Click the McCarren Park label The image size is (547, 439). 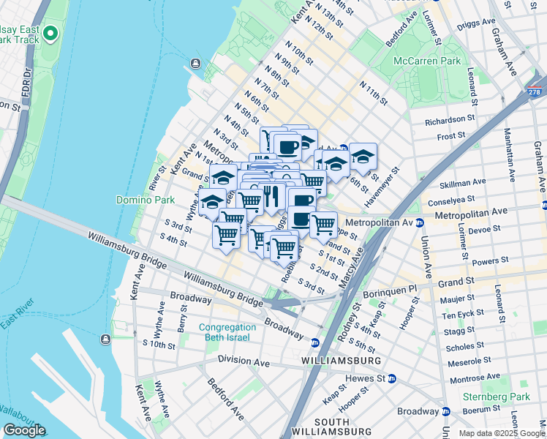pyautogui.click(x=426, y=61)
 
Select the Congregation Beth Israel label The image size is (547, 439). pyautogui.click(x=225, y=332)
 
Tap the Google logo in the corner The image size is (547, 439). pyautogui.click(x=24, y=430)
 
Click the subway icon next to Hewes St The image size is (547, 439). pyautogui.click(x=392, y=378)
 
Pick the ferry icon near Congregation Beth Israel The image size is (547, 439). pyautogui.click(x=107, y=338)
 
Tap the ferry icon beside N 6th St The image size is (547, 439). pyautogui.click(x=196, y=64)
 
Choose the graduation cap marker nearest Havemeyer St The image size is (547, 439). pyautogui.click(x=363, y=157)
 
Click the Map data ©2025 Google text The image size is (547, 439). pyautogui.click(x=502, y=433)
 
